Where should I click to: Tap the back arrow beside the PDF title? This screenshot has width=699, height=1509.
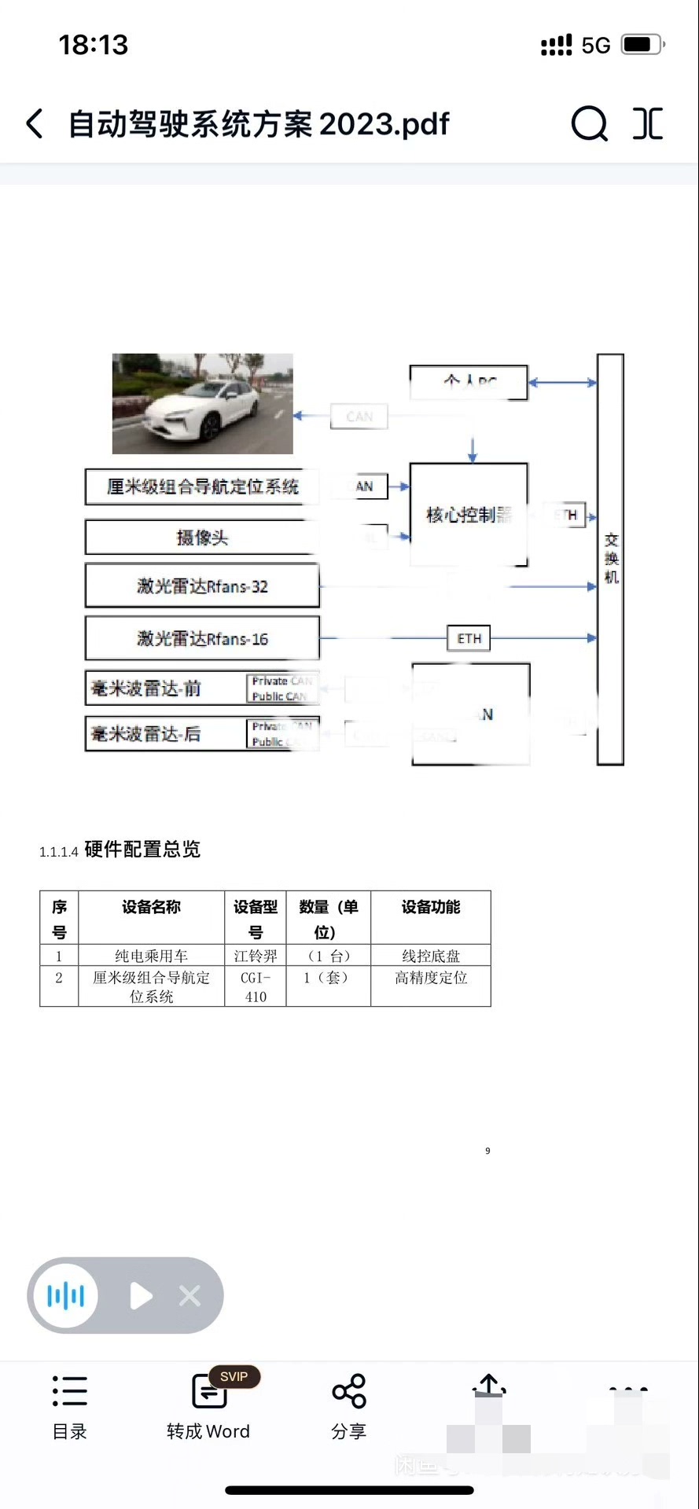coord(35,124)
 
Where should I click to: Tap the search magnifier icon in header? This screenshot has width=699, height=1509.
coord(589,123)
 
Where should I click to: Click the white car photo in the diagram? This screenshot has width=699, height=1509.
coord(202,403)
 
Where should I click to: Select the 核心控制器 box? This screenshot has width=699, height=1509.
coord(469,515)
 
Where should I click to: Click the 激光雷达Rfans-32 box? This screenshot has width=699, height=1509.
coord(202,586)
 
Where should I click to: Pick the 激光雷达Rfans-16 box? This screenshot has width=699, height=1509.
coord(202,639)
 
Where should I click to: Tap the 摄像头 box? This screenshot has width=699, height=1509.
coord(202,538)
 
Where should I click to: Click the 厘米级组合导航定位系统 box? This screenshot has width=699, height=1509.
coord(202,487)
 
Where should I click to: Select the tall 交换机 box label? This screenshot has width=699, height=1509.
coord(611,558)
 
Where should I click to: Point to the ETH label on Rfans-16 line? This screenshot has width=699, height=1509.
coord(469,639)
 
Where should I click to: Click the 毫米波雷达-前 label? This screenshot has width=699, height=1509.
coord(146,689)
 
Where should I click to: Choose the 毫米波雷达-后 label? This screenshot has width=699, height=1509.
coord(146,734)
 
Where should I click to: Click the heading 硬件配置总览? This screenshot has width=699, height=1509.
coord(142,850)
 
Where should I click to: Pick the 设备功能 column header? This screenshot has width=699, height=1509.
coord(430,908)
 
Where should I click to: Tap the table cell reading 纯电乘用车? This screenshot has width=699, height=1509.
coord(151,956)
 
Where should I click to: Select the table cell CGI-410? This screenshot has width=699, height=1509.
coord(256,987)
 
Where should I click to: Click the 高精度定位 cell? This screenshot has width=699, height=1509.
coord(430,978)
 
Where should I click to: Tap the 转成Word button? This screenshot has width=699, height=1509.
coord(208,1407)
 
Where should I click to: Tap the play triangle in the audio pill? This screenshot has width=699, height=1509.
coord(141,1296)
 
